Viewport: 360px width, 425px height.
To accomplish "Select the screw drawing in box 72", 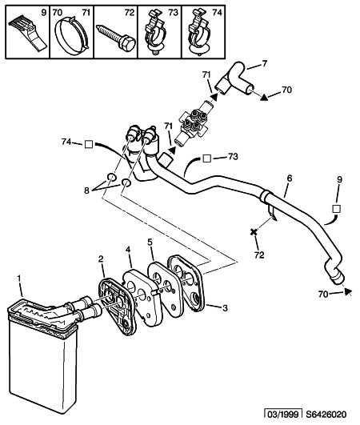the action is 115,38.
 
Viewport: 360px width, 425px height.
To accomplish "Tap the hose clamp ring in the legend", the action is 71,35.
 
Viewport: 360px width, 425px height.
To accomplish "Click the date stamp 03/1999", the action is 283,415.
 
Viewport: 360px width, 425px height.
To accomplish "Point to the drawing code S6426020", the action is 326,415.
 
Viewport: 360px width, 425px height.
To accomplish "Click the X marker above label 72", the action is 254,232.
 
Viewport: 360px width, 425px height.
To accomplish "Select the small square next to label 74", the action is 89,144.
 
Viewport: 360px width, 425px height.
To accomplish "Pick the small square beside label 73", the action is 207,158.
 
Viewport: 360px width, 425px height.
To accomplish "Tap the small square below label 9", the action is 337,209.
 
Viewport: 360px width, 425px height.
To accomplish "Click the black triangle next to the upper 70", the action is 264,98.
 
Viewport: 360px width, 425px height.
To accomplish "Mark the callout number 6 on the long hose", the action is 290,178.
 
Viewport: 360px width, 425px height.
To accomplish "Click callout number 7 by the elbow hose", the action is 264,63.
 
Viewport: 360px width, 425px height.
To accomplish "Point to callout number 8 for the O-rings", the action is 86,190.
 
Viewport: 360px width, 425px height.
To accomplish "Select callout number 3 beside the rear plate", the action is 225,308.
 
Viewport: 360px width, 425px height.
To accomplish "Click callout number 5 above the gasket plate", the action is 150,242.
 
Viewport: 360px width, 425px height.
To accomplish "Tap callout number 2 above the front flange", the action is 101,259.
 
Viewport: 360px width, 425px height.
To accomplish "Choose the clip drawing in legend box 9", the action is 28,34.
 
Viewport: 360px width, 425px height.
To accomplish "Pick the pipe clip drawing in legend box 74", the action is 199,33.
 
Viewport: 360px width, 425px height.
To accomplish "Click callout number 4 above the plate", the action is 128,250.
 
